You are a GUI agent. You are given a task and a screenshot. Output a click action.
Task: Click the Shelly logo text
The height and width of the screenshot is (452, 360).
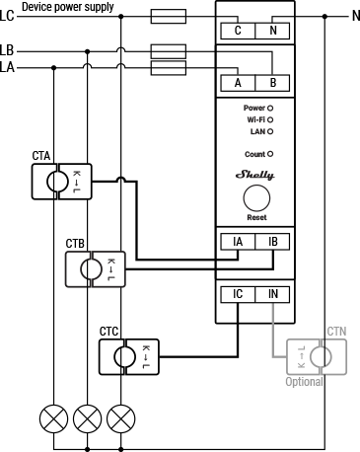pos(255,174)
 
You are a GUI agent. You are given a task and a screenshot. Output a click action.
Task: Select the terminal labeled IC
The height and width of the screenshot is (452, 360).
pos(237,294)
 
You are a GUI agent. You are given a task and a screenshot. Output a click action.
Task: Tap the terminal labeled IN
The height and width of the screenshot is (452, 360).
pos(272,294)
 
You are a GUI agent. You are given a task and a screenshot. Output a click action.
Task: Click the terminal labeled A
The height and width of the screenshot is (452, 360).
pos(237,83)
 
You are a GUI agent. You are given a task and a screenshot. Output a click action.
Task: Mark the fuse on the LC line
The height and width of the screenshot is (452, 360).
pos(167,16)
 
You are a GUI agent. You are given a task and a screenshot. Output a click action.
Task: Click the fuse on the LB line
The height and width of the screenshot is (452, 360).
pos(167,49)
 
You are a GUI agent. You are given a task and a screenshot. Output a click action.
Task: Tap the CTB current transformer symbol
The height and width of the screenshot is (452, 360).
pos(91,267)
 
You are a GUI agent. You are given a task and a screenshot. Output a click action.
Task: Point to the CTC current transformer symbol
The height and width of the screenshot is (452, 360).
pos(124,354)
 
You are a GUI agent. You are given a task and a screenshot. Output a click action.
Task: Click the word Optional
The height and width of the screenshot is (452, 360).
pos(305,381)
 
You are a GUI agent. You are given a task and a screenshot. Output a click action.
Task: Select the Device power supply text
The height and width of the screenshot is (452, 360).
pos(67,7)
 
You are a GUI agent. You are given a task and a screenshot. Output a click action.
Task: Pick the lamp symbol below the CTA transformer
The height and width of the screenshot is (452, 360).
pos(53,418)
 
